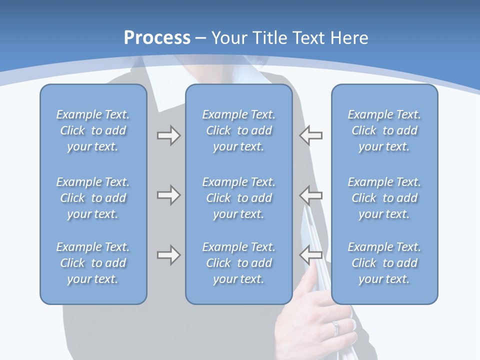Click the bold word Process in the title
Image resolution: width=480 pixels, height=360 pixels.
(x=157, y=38)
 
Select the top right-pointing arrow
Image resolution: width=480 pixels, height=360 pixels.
(x=168, y=135)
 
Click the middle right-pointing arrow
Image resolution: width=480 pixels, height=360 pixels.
(x=168, y=195)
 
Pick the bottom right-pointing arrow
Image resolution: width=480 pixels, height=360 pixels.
(x=168, y=255)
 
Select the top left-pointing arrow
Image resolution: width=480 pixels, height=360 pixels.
(x=310, y=135)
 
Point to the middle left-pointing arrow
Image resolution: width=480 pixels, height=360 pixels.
(x=310, y=195)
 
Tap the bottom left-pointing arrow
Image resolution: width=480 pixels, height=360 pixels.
(x=310, y=255)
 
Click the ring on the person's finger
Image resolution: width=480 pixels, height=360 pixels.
(x=335, y=327)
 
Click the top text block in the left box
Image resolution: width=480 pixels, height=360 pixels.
(x=93, y=130)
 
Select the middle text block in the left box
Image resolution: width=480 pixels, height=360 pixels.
(x=93, y=198)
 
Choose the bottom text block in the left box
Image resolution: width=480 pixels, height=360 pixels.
(x=93, y=263)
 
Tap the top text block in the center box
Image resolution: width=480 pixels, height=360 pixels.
(x=239, y=130)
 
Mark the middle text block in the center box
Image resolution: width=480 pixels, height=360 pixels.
(x=239, y=198)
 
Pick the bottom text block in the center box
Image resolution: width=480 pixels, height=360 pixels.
(x=239, y=263)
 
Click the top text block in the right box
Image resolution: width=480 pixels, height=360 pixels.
(x=384, y=130)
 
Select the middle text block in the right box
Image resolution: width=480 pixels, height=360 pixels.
(x=384, y=198)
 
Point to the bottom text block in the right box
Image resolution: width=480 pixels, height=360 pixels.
(x=384, y=263)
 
